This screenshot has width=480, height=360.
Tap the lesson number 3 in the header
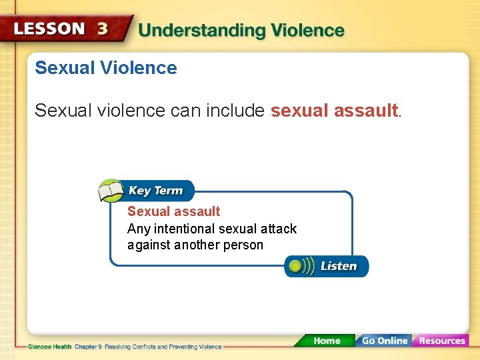click(103, 29)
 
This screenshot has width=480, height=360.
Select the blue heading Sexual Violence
click(105, 68)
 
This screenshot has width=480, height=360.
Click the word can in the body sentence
click(184, 111)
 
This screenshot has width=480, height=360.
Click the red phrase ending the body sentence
click(334, 111)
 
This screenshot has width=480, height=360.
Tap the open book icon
click(111, 191)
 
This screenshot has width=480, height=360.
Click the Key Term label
click(155, 191)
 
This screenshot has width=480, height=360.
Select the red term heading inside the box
click(173, 211)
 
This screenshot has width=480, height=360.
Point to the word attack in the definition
click(279, 229)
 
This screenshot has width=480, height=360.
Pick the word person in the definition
click(245, 245)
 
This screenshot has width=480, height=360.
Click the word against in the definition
click(149, 245)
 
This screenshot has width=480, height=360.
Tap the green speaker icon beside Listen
click(298, 266)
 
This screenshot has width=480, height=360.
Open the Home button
click(326, 341)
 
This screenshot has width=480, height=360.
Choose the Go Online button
click(383, 341)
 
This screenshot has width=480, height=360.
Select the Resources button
click(441, 341)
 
